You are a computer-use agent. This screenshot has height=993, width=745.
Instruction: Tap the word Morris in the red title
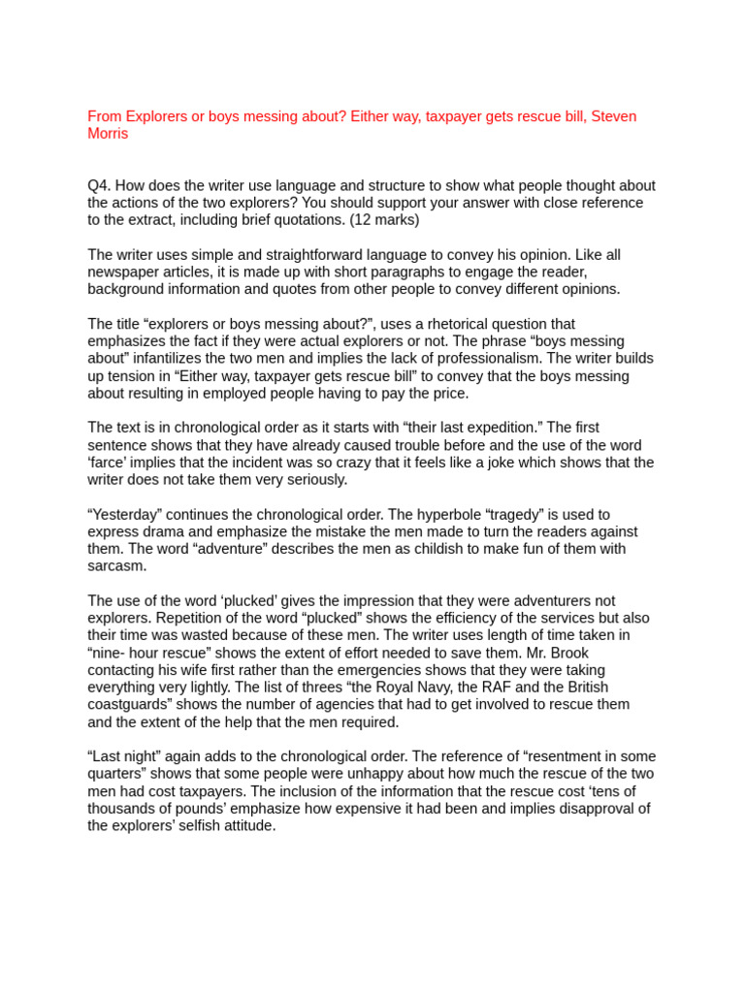pyautogui.click(x=108, y=134)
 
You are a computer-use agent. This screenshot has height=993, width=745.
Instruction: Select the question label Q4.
pyautogui.click(x=100, y=185)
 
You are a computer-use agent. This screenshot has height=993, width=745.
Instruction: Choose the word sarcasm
pyautogui.click(x=116, y=566)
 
